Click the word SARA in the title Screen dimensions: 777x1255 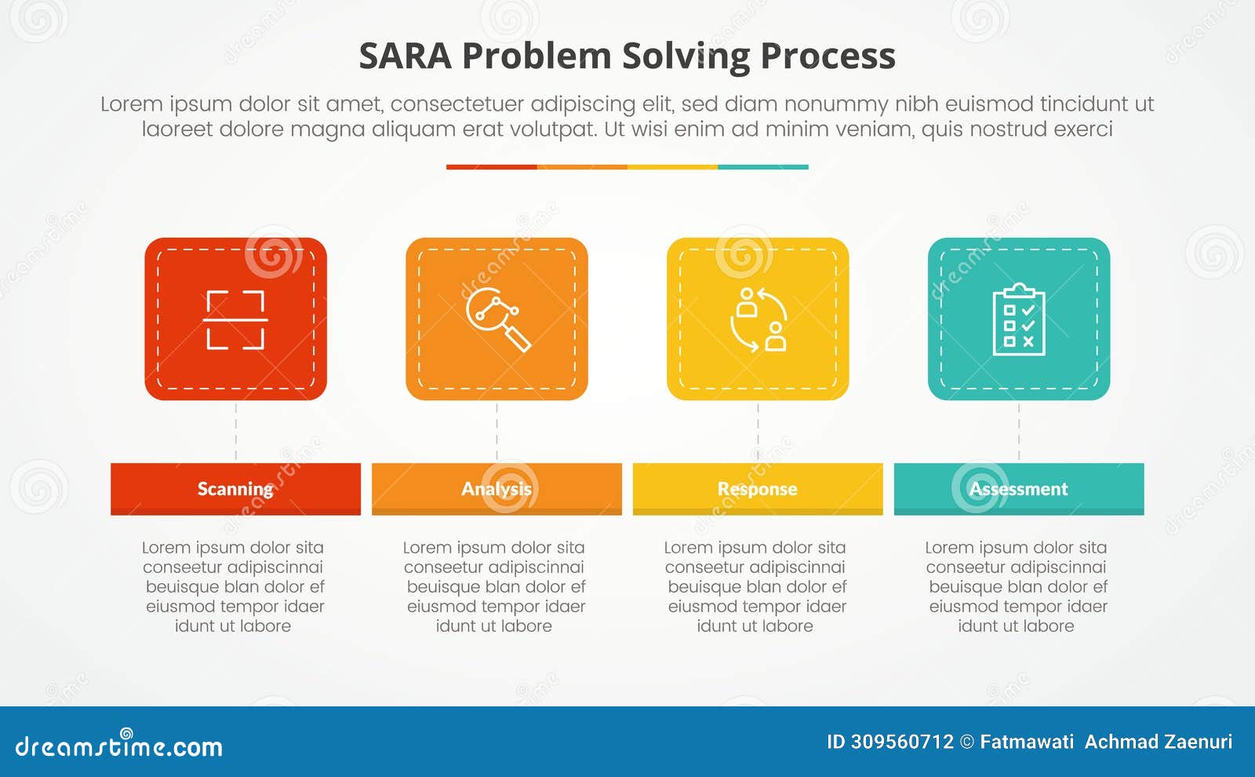point(405,57)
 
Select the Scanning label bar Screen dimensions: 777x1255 point(235,489)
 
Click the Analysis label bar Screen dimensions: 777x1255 point(497,489)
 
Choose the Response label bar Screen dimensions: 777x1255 point(758,489)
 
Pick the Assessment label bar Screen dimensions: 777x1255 point(1019,489)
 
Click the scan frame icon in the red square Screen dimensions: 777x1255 point(235,319)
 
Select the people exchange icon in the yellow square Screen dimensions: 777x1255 point(758,319)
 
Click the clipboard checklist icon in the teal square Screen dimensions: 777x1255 point(1019,319)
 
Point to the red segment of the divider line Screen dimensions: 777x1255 point(491,167)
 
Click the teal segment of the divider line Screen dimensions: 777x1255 point(762,167)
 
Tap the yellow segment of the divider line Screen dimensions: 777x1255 point(672,167)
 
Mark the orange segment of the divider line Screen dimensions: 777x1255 point(582,167)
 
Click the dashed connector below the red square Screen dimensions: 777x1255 point(235,432)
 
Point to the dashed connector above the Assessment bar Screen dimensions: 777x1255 point(1019,432)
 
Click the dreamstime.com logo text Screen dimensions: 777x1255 point(119,746)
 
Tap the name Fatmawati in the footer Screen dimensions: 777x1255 point(1027,742)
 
